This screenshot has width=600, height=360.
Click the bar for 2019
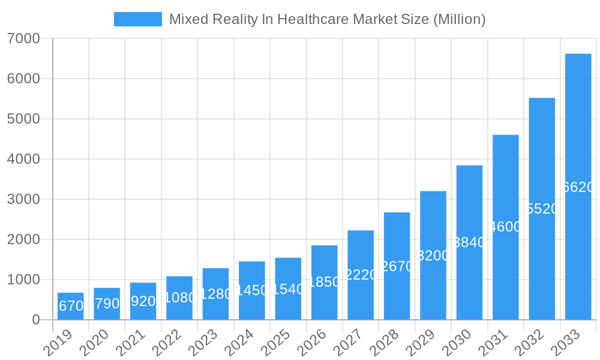[71, 306]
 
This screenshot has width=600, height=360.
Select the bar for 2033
[578, 187]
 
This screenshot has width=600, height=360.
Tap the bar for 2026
[324, 282]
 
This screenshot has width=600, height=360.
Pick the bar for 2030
[469, 242]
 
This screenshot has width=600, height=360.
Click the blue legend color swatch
[138, 19]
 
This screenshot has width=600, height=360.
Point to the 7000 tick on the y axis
[23, 38]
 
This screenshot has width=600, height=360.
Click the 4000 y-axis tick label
[23, 159]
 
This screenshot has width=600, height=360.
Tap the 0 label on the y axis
[36, 320]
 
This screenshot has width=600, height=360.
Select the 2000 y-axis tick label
[23, 239]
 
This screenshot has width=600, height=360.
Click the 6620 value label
[578, 187]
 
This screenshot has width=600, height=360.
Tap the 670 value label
[71, 306]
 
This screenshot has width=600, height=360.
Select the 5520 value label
[542, 209]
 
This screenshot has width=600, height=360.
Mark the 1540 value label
[288, 289]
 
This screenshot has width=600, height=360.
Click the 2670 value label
[397, 266]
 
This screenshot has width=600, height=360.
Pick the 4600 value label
[506, 227]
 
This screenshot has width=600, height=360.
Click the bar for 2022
[179, 298]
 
